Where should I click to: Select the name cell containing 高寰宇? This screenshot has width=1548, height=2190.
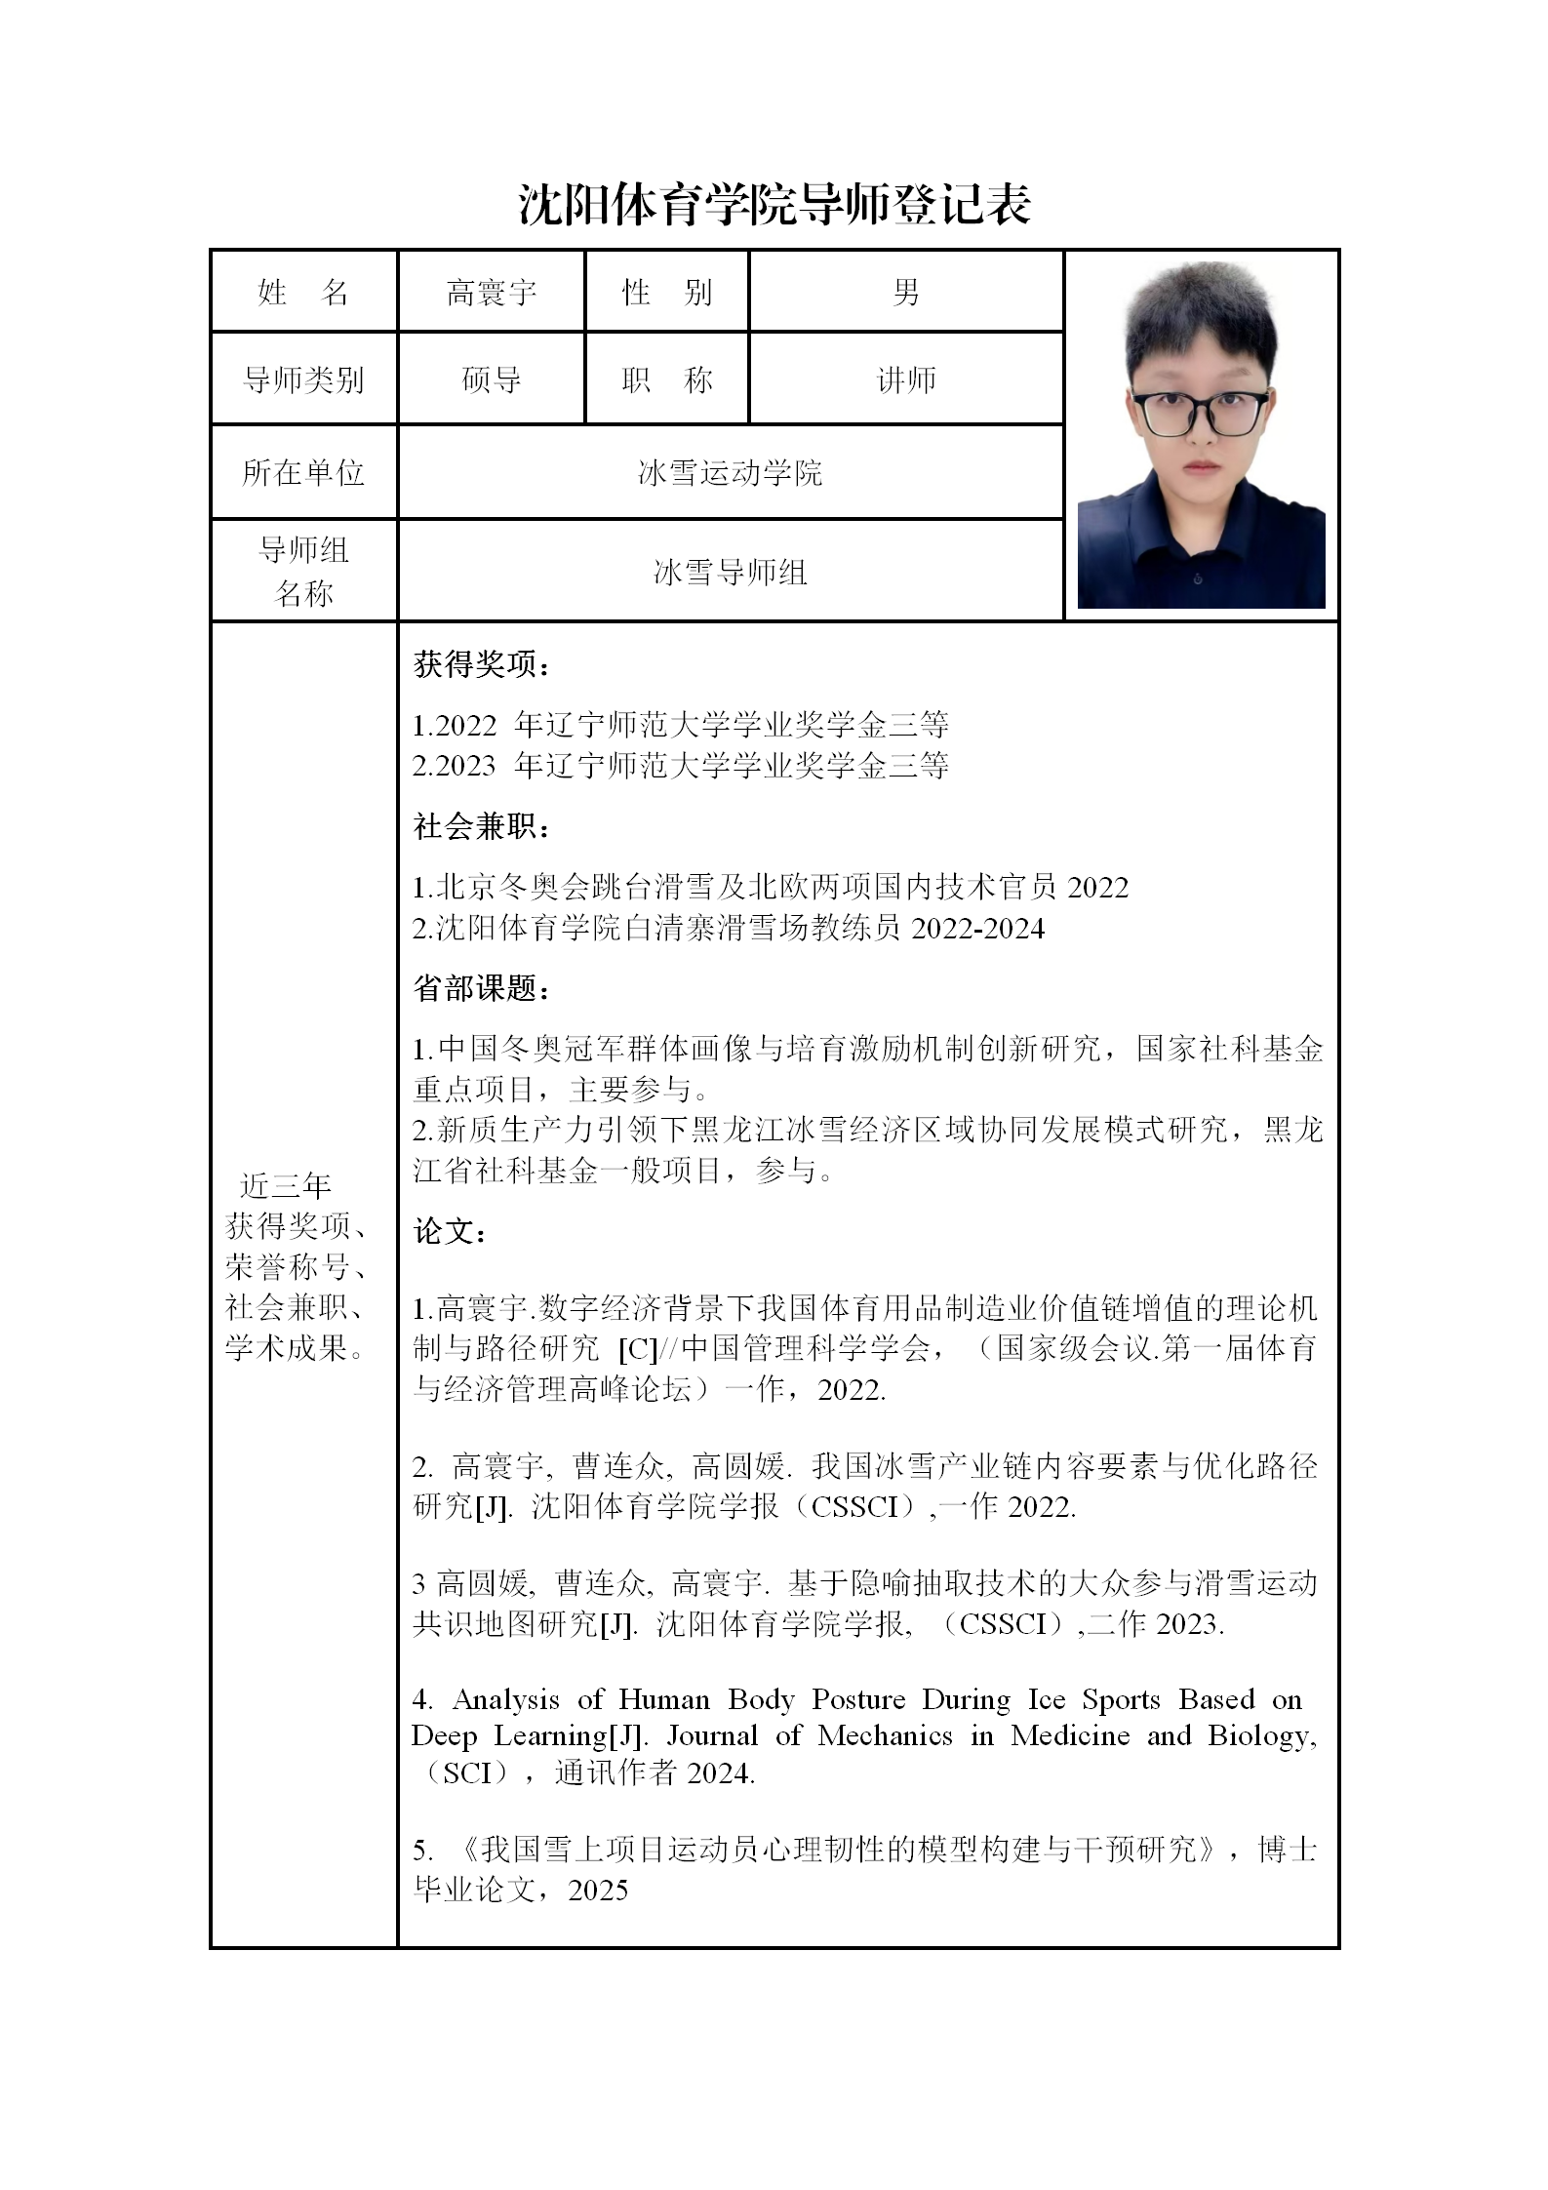tap(491, 292)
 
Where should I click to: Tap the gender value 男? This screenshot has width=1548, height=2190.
tap(905, 292)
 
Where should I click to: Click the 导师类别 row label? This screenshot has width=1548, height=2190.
tap(303, 379)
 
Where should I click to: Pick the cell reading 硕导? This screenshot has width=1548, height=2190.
tap(491, 379)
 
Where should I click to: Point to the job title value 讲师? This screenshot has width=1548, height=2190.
tap(905, 379)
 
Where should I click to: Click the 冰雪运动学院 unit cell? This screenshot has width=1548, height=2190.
tap(730, 473)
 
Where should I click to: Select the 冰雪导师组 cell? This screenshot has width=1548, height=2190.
tap(730, 572)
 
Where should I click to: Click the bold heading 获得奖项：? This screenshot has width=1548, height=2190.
tap(482, 665)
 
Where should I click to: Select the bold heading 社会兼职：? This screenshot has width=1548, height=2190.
tap(482, 827)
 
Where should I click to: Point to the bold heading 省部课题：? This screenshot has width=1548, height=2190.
tap(482, 989)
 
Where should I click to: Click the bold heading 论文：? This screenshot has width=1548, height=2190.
tap(451, 1232)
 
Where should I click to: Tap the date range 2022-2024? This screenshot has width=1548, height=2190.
tap(977, 929)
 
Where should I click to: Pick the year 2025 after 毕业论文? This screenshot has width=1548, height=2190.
tap(598, 1891)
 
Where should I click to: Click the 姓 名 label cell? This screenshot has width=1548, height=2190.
tap(303, 292)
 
